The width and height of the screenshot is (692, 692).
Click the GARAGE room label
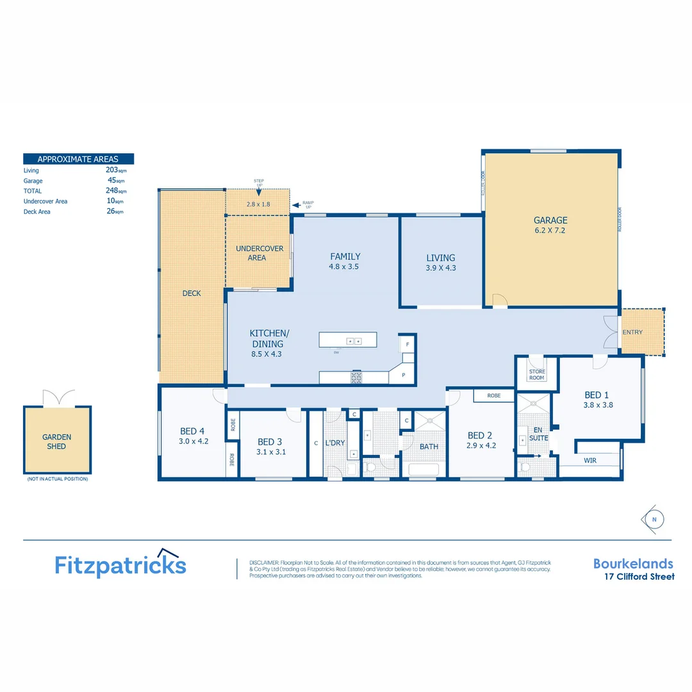[550, 220]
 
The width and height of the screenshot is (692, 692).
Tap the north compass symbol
[654, 519]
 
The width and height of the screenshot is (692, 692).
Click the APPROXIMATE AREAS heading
[78, 159]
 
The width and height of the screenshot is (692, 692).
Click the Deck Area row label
[37, 211]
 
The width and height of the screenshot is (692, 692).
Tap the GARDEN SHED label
[57, 441]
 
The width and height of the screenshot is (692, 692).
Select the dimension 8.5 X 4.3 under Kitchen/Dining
[267, 354]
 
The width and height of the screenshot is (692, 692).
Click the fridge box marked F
[407, 344]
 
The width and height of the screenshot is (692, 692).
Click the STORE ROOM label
[536, 374]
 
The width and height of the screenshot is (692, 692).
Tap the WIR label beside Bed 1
[590, 460]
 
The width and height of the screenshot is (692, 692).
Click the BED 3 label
[270, 441]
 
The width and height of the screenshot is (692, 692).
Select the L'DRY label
[335, 443]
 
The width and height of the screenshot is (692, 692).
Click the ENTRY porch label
[632, 332]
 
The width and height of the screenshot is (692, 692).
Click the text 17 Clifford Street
[639, 577]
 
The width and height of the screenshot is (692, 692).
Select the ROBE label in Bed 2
[493, 396]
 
